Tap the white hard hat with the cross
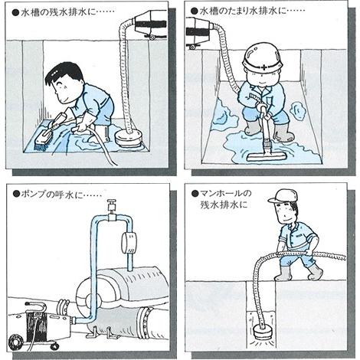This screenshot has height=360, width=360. [262, 57]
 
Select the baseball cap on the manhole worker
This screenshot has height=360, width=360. [283, 196]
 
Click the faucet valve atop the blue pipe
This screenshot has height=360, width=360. [112, 205]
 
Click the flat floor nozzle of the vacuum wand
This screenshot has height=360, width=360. [266, 156]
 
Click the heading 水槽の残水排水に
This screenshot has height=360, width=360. [58, 12]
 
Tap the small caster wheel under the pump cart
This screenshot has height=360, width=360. [54, 346]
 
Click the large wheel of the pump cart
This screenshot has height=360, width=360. [16, 342]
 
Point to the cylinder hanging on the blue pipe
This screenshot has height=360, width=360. [129, 243]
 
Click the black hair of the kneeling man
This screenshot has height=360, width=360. [65, 72]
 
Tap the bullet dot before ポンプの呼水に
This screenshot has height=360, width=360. [16, 195]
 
